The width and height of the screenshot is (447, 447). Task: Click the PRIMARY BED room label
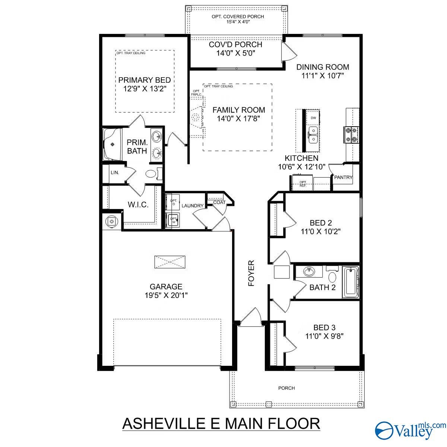click(x=145, y=80)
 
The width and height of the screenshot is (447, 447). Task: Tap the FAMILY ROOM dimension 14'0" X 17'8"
click(x=238, y=119)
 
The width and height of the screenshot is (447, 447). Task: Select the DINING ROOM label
click(x=323, y=67)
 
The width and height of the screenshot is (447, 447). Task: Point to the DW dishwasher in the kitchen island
click(x=313, y=118)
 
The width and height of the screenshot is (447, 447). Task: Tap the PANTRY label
click(x=343, y=178)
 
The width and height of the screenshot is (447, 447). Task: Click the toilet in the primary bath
click(x=151, y=174)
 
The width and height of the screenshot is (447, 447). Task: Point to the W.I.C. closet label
click(x=138, y=205)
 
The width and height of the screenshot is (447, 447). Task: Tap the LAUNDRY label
click(x=192, y=206)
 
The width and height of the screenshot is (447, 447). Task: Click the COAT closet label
click(x=219, y=202)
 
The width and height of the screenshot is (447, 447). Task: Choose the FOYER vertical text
click(x=251, y=273)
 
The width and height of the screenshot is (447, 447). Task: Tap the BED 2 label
click(x=321, y=223)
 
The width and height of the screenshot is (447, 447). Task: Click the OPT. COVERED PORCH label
click(x=238, y=16)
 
